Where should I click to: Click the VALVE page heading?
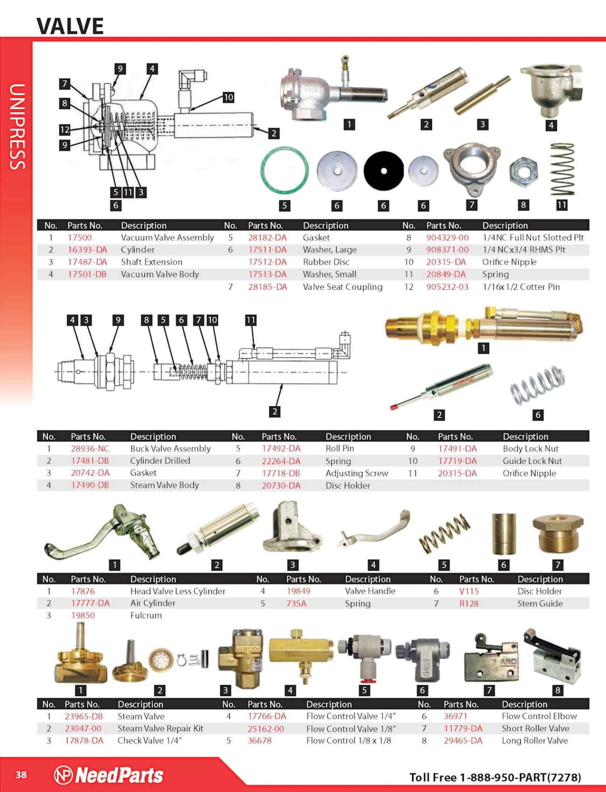click(70, 26)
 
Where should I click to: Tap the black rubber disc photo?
click(384, 171)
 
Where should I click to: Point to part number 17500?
click(80, 238)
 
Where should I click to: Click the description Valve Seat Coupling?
click(343, 287)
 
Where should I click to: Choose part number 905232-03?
click(448, 287)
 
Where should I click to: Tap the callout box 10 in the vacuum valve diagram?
click(228, 97)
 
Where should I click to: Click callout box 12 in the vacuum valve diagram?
click(65, 130)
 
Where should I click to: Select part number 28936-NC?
click(90, 449)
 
